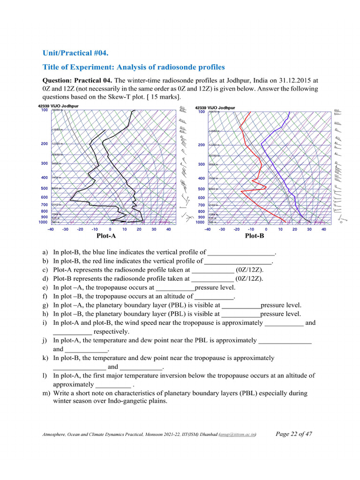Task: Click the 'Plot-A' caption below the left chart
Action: tap(106, 236)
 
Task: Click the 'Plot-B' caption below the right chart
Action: tap(255, 236)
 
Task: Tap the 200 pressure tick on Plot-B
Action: tap(201, 145)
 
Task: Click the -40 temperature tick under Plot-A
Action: tap(51, 229)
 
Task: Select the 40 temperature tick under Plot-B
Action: tap(323, 229)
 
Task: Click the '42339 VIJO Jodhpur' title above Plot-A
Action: tap(58, 106)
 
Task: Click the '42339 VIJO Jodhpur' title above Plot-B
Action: tap(216, 107)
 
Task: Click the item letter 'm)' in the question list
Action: tap(46, 393)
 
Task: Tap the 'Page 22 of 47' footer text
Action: tap(294, 434)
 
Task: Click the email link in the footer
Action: tap(242, 435)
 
